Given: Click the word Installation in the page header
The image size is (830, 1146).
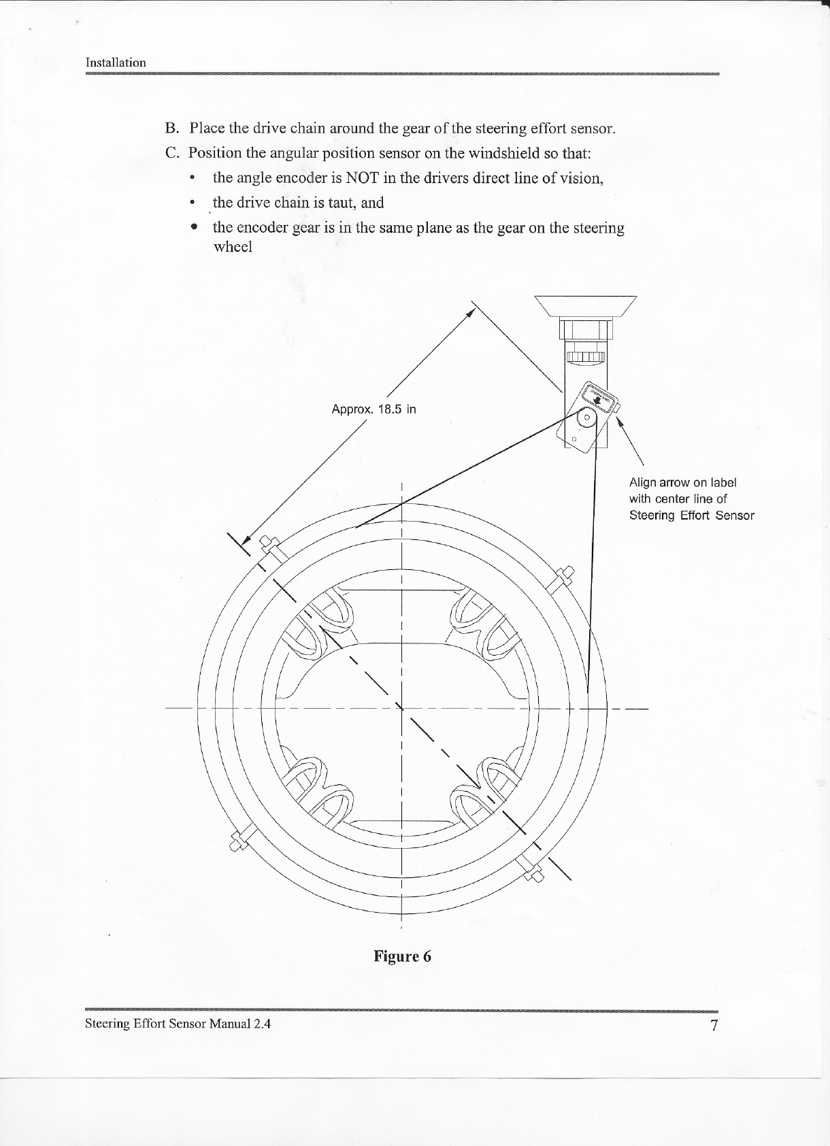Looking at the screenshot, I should tap(116, 63).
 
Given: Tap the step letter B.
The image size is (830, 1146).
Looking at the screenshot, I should tap(171, 128).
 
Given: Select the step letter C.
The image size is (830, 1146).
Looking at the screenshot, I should tap(171, 152).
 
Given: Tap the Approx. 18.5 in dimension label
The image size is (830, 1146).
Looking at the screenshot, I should tap(373, 409).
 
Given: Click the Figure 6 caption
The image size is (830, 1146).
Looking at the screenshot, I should tap(402, 956).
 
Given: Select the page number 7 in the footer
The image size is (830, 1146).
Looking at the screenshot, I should tap(714, 1026).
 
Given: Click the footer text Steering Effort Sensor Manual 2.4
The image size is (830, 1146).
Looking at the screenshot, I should tap(178, 1024).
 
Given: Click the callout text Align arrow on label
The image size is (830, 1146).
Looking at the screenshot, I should tap(682, 483).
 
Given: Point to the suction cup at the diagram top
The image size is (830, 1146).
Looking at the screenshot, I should tap(586, 307).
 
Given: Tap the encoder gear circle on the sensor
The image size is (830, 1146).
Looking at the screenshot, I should tap(586, 417).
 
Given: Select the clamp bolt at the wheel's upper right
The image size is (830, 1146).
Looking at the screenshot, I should tap(564, 577).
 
